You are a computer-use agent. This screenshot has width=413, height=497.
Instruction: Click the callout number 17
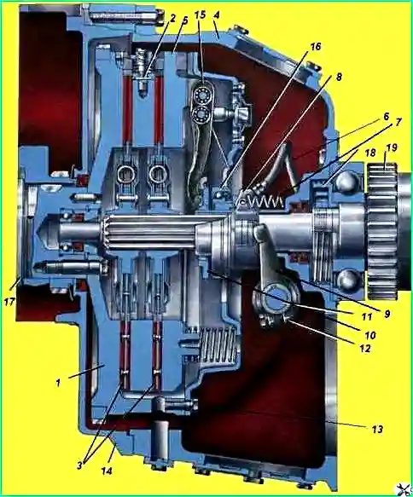coord(9,302)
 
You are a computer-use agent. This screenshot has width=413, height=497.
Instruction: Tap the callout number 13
coord(377,429)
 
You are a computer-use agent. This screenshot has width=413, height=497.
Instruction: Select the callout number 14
coord(107,471)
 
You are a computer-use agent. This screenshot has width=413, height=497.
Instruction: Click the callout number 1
coord(58,383)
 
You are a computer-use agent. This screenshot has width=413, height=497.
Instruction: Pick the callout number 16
coord(316,47)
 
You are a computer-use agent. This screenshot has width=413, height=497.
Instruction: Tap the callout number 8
coord(339,77)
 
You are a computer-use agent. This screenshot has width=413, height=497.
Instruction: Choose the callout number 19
coord(392,148)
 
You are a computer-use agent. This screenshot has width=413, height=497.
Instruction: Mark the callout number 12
coord(364,348)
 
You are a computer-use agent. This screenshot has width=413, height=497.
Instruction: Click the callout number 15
coord(201,14)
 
